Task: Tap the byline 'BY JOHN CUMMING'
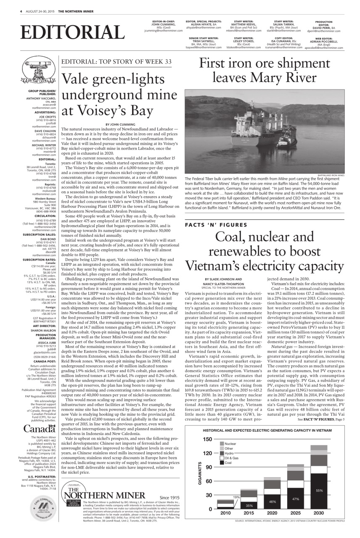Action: (123, 125)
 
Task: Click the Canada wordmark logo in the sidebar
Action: (39, 428)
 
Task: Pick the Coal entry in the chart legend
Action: (228, 463)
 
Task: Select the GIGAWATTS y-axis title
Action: (200, 474)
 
